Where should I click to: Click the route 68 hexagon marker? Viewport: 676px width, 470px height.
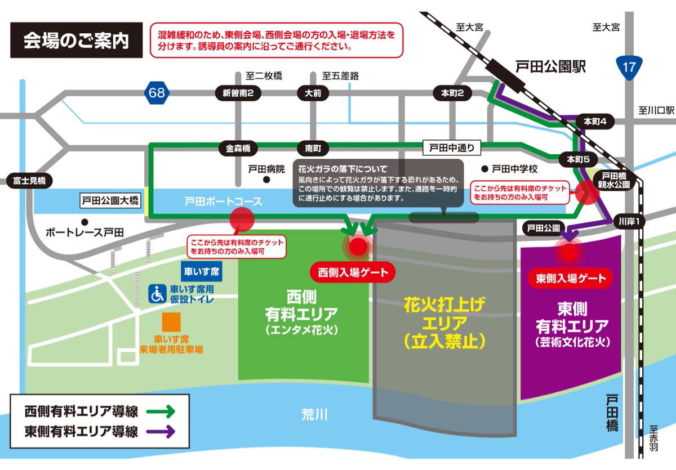(x=157, y=92)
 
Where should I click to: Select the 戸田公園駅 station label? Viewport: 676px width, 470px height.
(x=551, y=67)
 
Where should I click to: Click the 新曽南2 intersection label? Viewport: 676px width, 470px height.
(x=238, y=93)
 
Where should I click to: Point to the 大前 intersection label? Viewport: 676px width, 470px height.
(x=313, y=93)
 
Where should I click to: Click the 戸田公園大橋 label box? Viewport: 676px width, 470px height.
(x=109, y=200)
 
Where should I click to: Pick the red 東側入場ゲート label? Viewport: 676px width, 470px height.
(x=570, y=277)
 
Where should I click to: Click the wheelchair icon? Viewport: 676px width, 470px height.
(x=157, y=293)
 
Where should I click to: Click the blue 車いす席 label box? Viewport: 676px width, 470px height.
(x=201, y=271)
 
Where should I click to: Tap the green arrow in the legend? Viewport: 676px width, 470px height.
(x=161, y=411)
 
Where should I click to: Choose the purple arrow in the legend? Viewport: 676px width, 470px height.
(x=161, y=432)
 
